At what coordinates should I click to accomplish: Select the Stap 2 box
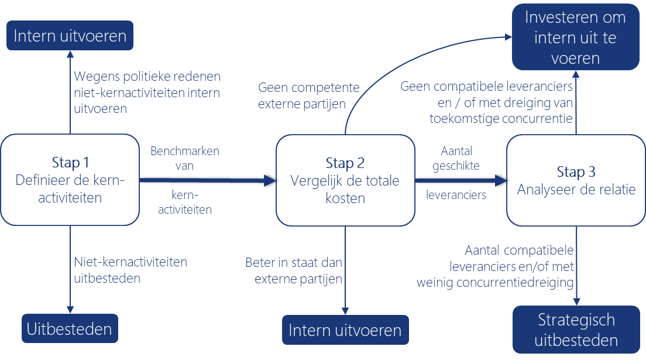[x=345, y=180]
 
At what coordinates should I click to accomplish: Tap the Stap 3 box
[x=576, y=180]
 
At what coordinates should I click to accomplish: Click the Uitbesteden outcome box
[x=70, y=328]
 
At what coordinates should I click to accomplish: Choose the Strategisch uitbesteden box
[x=576, y=330]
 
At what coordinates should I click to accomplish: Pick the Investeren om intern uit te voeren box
[x=575, y=38]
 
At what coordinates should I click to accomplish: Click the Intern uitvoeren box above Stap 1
[x=70, y=36]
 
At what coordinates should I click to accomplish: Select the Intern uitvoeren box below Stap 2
[x=345, y=330]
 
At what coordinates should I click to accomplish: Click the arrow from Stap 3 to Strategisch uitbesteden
[x=577, y=269]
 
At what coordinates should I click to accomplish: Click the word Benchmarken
[x=185, y=151]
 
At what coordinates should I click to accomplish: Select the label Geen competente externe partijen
[x=302, y=95]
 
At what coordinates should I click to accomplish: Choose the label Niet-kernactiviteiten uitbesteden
[x=130, y=270]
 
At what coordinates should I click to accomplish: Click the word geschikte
[x=456, y=166]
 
